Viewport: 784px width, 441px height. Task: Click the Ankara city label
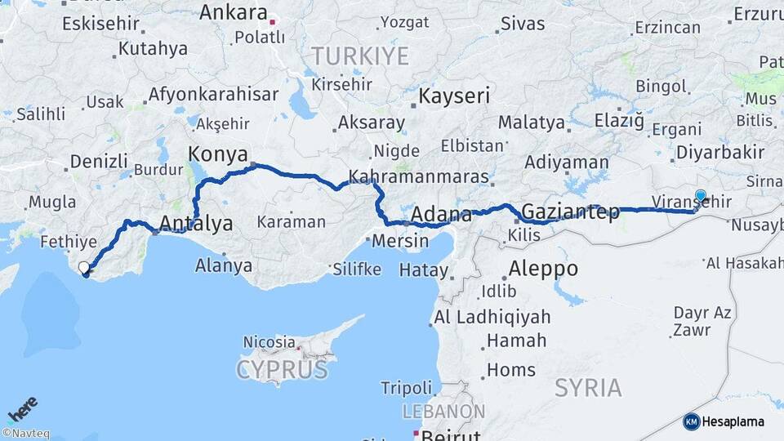coord(234,13)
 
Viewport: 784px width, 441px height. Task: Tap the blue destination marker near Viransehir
coord(700,196)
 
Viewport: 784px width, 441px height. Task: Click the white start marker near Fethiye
coord(83,267)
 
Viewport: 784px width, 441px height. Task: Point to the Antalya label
coord(196,223)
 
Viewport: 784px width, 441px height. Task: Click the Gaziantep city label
coord(570,212)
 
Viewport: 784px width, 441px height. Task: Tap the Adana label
coord(442,216)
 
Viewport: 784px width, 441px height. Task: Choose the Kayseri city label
coord(454,96)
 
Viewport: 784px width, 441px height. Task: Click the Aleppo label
coord(543,268)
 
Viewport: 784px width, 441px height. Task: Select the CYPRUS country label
coord(282,370)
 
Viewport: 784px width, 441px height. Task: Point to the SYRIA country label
coord(588,387)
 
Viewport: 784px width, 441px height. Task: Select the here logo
coord(22,408)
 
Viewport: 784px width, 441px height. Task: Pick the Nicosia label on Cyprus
coord(269,341)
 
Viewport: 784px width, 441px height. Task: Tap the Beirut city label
coord(450,434)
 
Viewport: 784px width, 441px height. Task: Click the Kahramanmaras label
coord(419,176)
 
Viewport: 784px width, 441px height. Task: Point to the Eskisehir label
coord(101,23)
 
